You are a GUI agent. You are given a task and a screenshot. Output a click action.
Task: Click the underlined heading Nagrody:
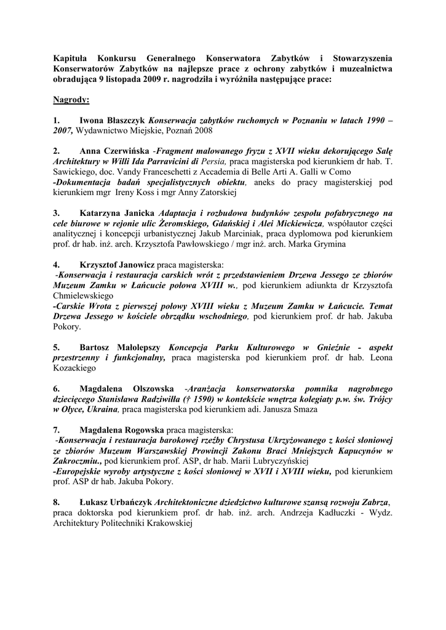[71, 99]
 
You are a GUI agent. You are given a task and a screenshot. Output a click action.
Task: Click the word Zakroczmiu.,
[78, 461]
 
